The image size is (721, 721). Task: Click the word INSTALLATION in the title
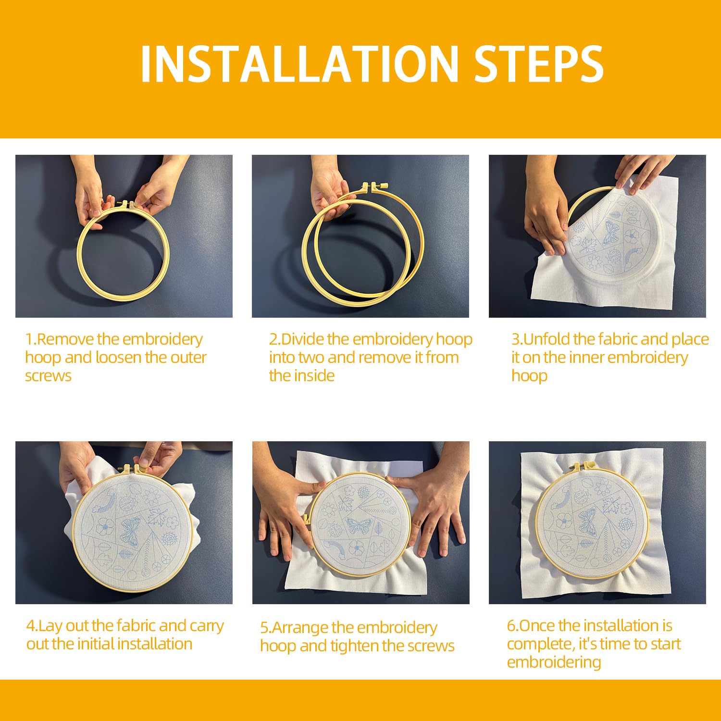[x=299, y=64]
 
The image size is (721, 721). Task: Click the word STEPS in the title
[x=538, y=64]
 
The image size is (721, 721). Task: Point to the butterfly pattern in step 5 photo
[x=359, y=526]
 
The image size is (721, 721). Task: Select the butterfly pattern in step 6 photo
[x=587, y=522]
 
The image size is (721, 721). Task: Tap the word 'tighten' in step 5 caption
[x=350, y=646]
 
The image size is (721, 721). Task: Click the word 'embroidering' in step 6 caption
[x=554, y=662]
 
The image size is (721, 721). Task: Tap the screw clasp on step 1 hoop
[x=126, y=204]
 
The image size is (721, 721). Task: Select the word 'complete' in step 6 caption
[x=540, y=644]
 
